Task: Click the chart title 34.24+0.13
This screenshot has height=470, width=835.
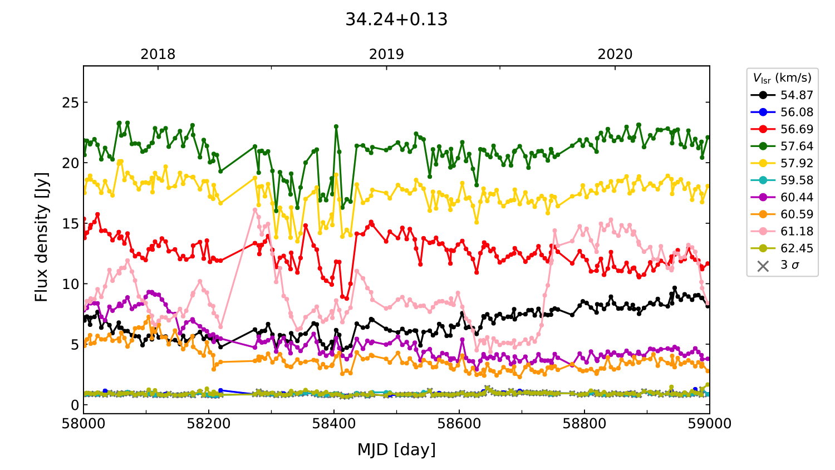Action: pos(396,19)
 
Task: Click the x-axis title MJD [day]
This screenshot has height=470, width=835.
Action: pos(396,449)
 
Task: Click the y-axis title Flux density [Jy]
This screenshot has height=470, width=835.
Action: pos(42,237)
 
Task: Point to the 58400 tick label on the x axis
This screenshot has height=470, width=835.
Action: pos(334,424)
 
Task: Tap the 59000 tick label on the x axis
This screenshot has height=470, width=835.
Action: pos(709,424)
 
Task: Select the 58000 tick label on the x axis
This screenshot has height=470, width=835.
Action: pos(83,424)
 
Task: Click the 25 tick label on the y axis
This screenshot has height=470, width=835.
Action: pos(71,103)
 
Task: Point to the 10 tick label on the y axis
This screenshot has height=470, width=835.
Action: pos(71,284)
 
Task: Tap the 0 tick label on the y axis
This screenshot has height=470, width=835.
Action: pos(75,405)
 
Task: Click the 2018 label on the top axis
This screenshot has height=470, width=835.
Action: pos(158,55)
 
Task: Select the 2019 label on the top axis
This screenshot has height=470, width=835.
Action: pos(386,55)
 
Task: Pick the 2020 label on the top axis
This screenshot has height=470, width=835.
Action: pos(615,55)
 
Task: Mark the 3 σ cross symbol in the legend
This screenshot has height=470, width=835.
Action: pos(763,266)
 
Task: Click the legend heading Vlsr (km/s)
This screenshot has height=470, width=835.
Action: pos(782,78)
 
